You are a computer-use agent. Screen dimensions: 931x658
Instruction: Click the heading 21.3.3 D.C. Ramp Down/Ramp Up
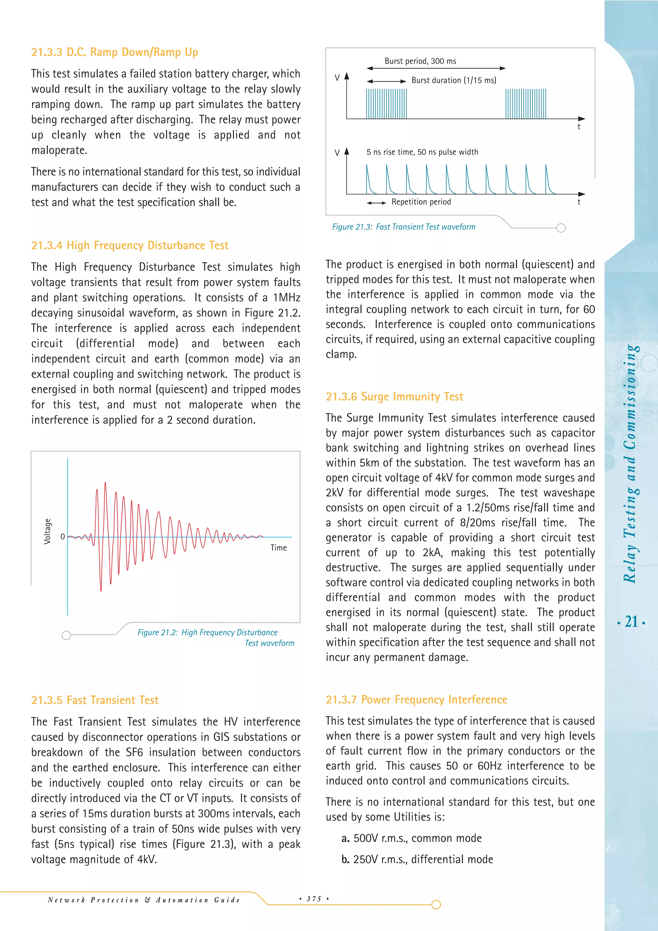[x=115, y=52]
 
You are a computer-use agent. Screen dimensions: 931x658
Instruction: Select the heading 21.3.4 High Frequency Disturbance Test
[x=130, y=245]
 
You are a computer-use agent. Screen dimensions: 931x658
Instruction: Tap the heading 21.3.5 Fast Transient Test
[x=95, y=700]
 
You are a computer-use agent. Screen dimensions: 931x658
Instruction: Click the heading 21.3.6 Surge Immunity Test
[x=394, y=397]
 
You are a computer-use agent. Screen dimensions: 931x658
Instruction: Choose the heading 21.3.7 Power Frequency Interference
[x=416, y=700]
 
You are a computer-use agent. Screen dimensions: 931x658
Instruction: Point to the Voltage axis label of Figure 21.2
[x=48, y=531]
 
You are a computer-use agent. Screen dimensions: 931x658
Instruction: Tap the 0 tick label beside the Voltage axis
[x=62, y=537]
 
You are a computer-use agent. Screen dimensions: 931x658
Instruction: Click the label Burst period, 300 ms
[x=420, y=61]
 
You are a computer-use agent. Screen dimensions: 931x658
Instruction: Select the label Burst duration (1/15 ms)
[x=454, y=80]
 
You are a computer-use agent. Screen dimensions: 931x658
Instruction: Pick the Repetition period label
[x=421, y=202]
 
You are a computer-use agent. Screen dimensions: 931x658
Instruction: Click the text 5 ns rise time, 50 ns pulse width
[x=422, y=152]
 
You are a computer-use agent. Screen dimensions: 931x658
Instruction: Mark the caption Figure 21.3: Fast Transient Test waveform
[x=404, y=227]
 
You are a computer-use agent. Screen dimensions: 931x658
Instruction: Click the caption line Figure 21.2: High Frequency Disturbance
[x=208, y=633]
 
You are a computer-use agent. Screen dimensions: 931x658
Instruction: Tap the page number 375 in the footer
[x=314, y=899]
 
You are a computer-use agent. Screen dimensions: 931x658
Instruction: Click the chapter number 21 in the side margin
[x=631, y=622]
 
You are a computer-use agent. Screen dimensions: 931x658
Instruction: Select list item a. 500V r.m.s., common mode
[x=411, y=838]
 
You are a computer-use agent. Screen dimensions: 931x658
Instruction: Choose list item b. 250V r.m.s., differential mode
[x=417, y=859]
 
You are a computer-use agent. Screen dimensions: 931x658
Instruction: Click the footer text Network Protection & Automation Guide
[x=143, y=900]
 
